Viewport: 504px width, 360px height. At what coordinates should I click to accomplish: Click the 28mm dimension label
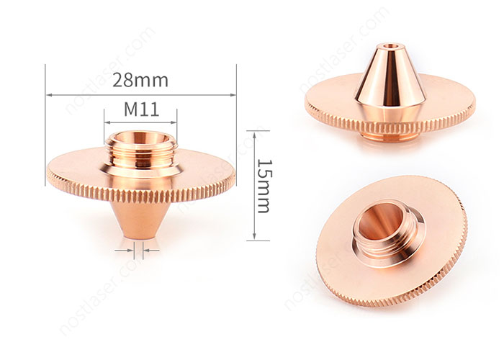pos(140,80)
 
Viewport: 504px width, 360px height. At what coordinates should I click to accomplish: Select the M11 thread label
pos(141,109)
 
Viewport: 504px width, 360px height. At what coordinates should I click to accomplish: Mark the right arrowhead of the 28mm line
pos(234,94)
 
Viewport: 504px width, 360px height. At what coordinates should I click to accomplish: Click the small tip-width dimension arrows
pos(141,251)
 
